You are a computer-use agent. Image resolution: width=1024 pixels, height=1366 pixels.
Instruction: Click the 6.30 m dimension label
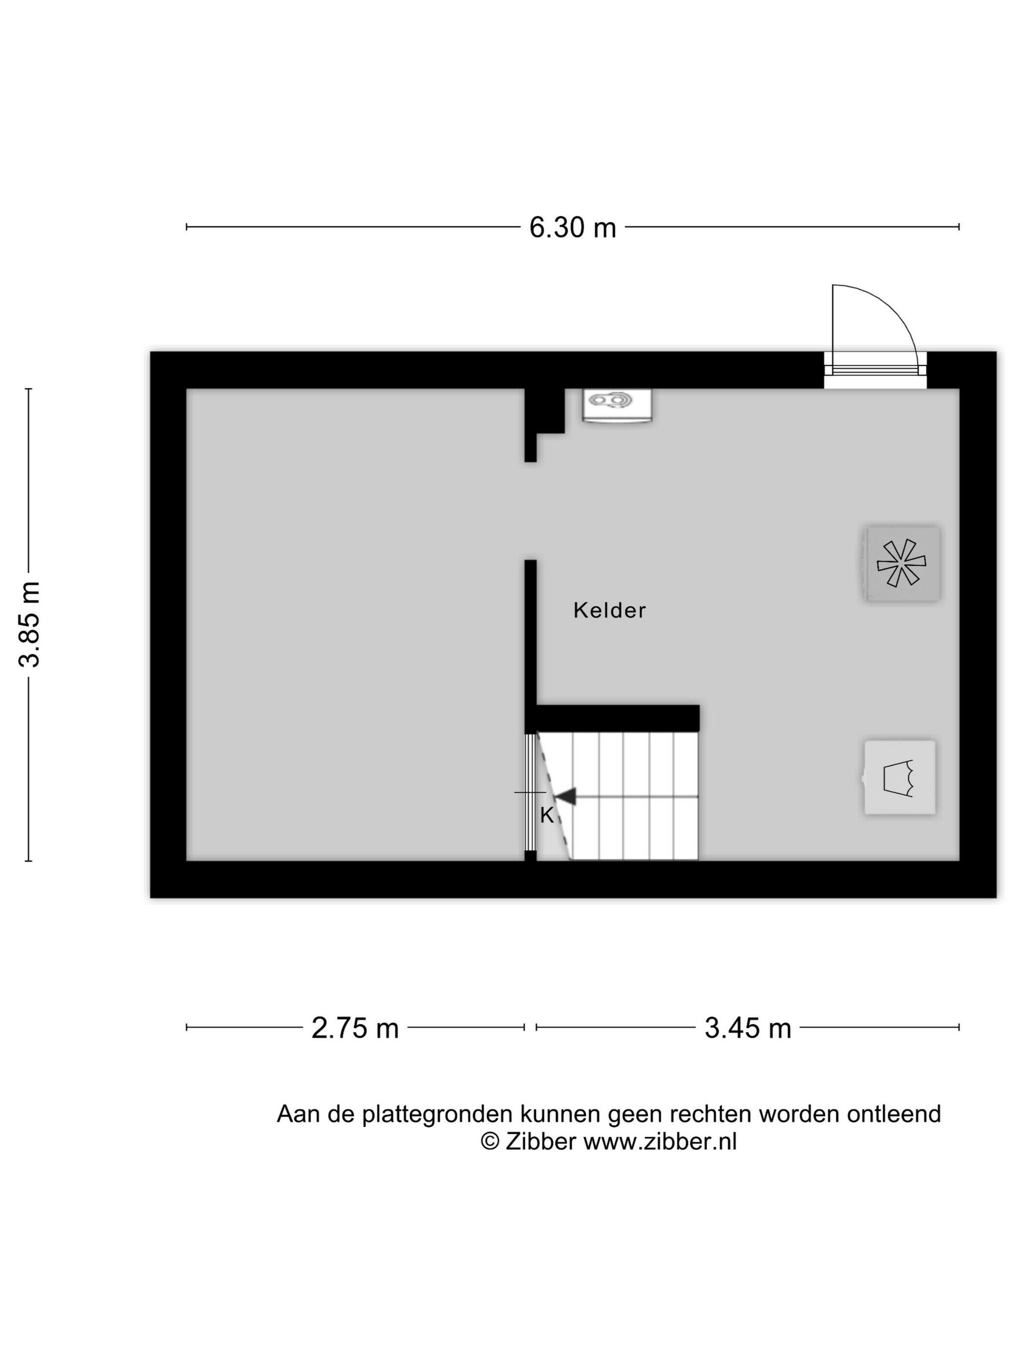click(572, 227)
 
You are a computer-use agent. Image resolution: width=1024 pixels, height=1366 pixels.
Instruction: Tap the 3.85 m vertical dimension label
click(29, 624)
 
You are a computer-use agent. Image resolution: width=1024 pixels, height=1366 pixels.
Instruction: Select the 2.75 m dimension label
click(355, 1028)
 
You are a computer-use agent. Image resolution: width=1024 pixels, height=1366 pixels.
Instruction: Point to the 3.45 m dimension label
click(748, 1028)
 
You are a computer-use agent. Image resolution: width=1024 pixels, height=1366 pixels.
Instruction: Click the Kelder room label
click(609, 610)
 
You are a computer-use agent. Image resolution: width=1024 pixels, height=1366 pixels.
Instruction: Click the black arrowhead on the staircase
click(565, 797)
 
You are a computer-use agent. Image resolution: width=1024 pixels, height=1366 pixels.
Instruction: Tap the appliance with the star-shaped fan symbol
click(902, 562)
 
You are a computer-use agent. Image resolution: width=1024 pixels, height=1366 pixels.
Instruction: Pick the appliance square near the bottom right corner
click(899, 778)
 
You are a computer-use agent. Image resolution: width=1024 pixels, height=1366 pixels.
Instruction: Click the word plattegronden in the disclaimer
click(437, 1115)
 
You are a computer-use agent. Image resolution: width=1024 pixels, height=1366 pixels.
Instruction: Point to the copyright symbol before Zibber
click(490, 1141)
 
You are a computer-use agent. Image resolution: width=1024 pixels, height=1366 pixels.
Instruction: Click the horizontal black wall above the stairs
click(618, 718)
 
